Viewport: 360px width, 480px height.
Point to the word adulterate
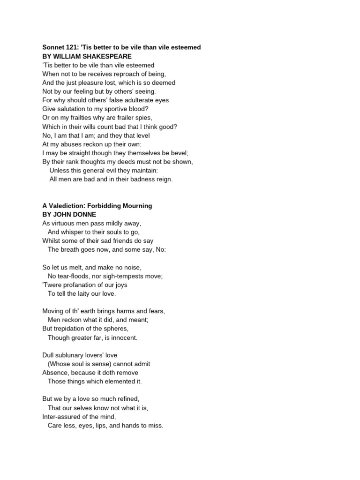coord(133,100)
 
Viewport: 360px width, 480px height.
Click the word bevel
coord(177,153)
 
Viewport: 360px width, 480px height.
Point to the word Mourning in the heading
coord(135,206)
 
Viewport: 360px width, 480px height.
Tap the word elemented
coord(119,381)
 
